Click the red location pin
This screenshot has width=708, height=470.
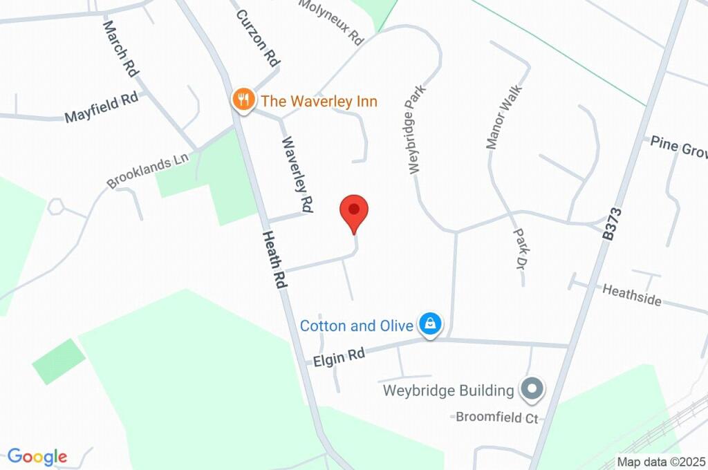click(354, 211)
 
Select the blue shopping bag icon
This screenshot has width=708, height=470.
click(430, 324)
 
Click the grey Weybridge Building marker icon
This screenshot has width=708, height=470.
click(532, 391)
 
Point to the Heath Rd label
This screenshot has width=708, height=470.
click(274, 259)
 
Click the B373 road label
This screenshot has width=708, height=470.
click(609, 224)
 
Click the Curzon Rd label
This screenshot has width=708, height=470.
click(257, 37)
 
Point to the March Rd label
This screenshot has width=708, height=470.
click(120, 48)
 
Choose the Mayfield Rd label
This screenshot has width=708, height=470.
click(101, 109)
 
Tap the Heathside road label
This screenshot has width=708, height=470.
click(631, 294)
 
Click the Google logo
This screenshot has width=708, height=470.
click(37, 457)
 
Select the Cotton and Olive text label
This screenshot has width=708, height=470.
click(356, 325)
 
